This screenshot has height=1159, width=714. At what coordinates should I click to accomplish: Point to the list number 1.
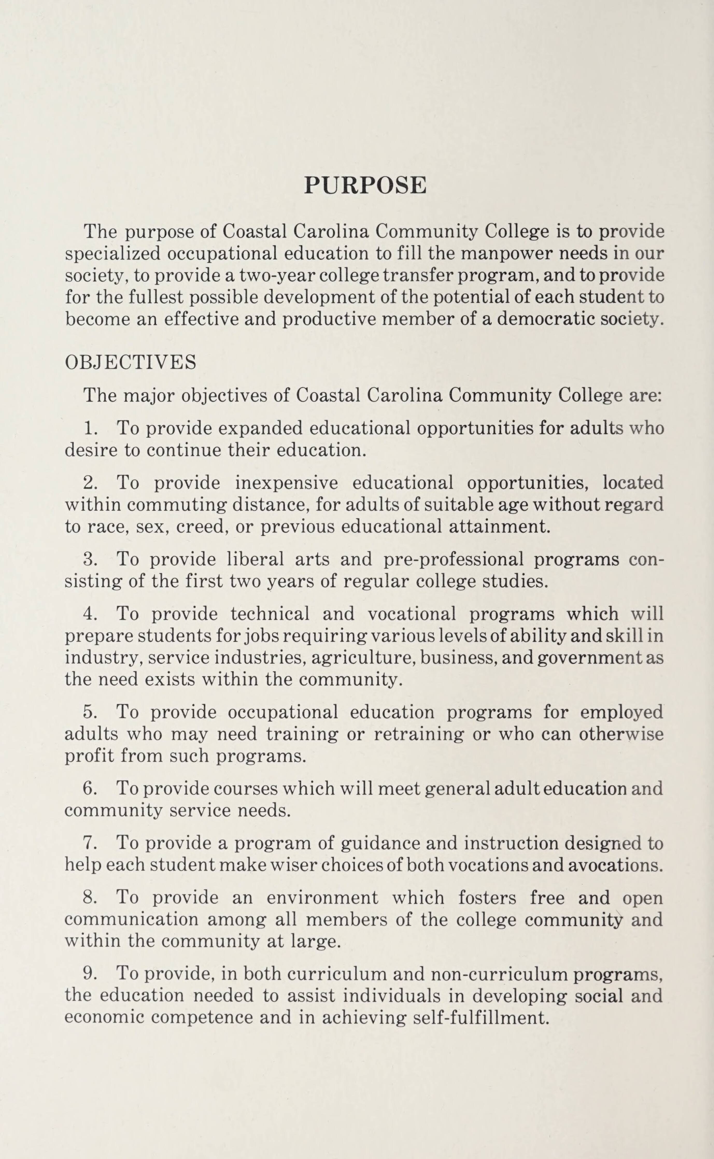pyautogui.click(x=90, y=428)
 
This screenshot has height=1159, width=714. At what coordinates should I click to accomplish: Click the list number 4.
pyautogui.click(x=90, y=614)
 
